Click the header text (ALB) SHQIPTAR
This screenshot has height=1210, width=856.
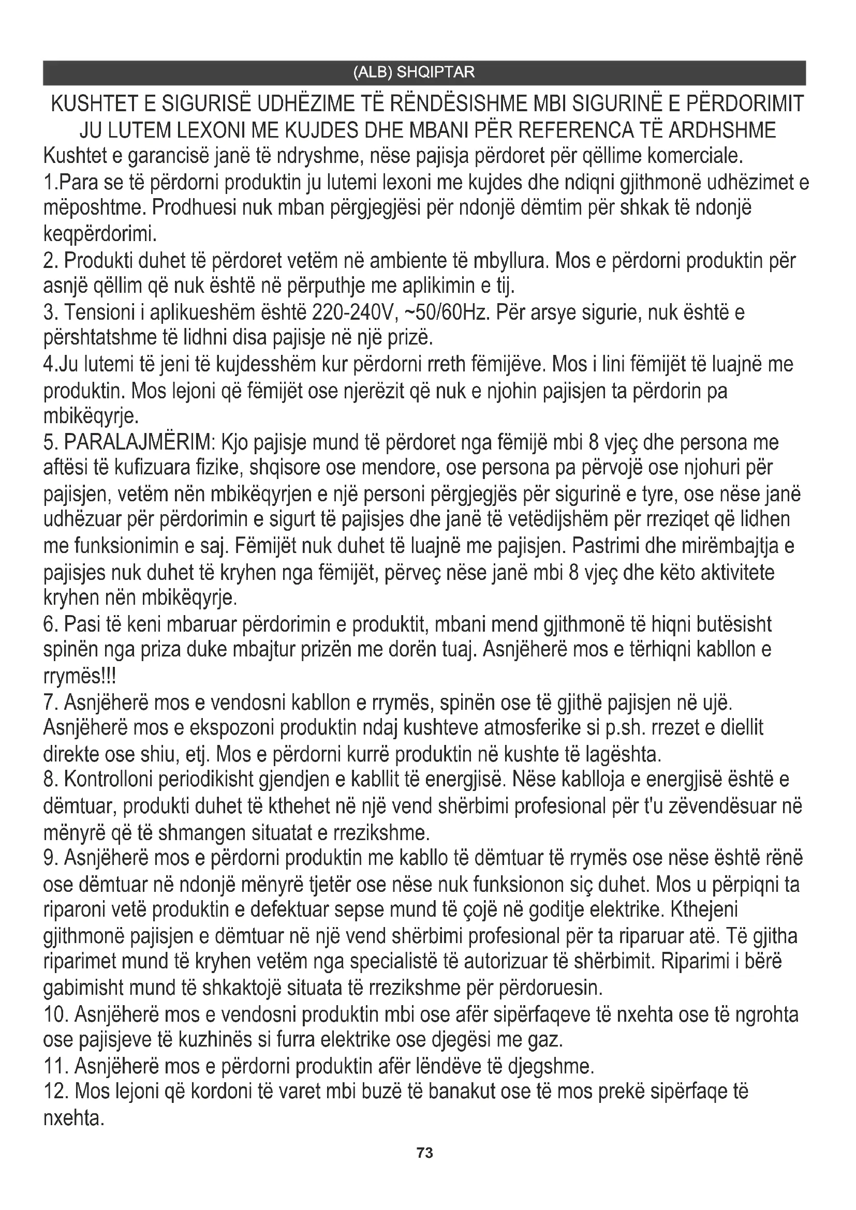coord(414,72)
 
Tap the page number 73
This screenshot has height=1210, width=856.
coord(425,1153)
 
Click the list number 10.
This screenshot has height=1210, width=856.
coord(55,1014)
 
